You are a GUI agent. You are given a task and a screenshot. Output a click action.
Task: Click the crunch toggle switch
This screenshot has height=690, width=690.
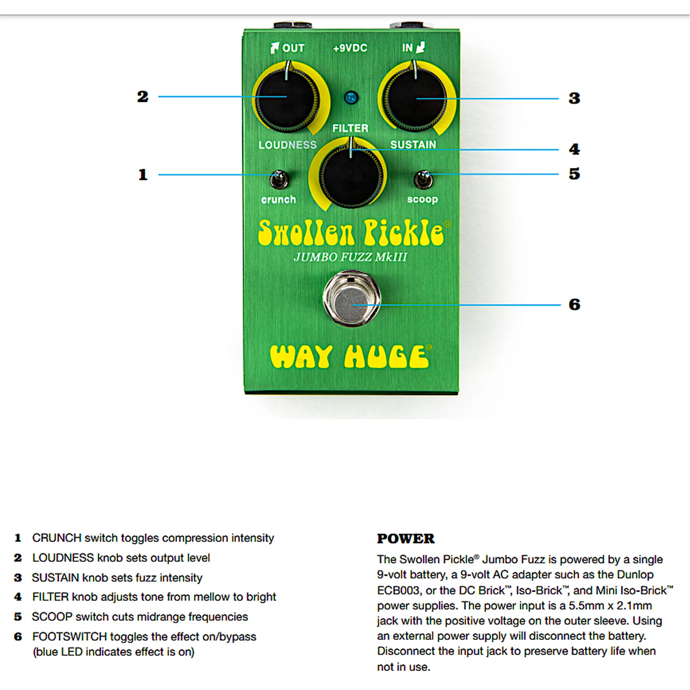pyautogui.click(x=278, y=179)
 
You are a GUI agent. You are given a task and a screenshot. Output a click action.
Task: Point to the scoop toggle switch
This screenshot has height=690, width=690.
pyautogui.click(x=424, y=179)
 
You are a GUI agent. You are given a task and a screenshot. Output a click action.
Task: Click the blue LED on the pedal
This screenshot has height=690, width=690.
pyautogui.click(x=352, y=97)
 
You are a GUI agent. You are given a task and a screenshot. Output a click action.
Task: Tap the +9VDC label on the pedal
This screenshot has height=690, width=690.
pyautogui.click(x=350, y=48)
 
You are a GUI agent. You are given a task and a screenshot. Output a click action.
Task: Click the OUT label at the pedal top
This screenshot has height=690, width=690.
pyautogui.click(x=293, y=48)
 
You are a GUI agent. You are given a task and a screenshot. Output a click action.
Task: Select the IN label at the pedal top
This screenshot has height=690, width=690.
pyautogui.click(x=407, y=48)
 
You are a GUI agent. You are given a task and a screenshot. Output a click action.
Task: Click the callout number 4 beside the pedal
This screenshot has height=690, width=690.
pyautogui.click(x=574, y=149)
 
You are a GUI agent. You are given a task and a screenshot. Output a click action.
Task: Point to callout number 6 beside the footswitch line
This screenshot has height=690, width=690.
pyautogui.click(x=574, y=305)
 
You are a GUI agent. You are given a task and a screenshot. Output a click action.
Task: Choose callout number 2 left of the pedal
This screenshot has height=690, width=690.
pyautogui.click(x=143, y=97)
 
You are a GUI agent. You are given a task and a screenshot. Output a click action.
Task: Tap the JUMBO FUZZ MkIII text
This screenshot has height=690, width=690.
pyautogui.click(x=350, y=257)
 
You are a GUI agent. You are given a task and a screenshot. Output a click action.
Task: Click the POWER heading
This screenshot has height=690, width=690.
pyautogui.click(x=406, y=539)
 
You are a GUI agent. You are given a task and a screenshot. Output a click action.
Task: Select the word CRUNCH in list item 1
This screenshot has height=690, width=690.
pyautogui.click(x=57, y=538)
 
